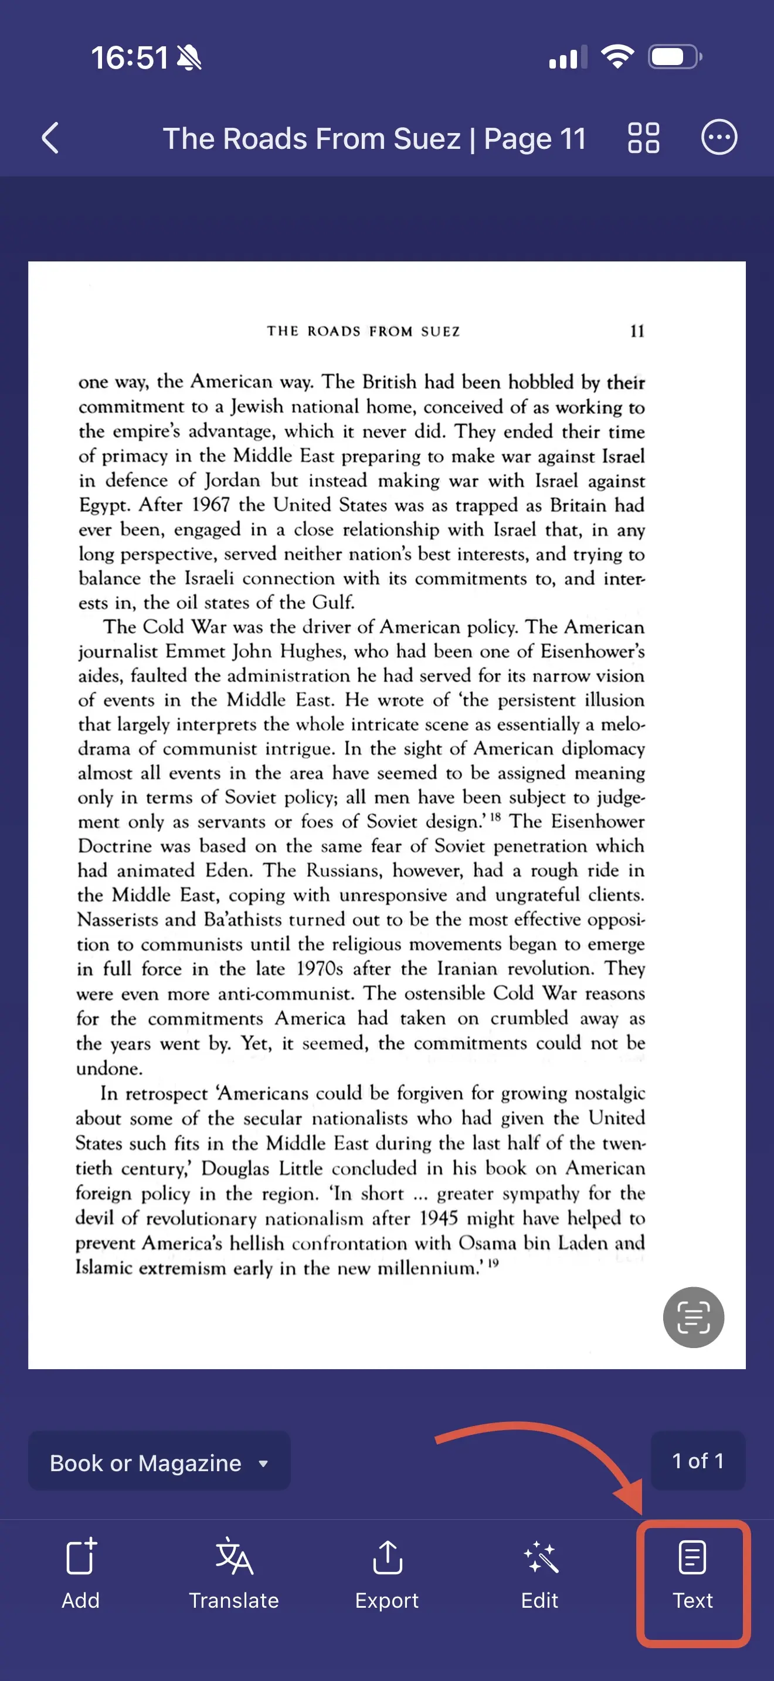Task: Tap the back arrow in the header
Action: (x=51, y=138)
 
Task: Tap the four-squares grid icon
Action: (x=643, y=138)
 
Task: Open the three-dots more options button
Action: (x=719, y=138)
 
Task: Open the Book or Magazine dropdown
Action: (x=158, y=1463)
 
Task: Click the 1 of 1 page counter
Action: (x=698, y=1461)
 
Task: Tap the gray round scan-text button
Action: (x=693, y=1317)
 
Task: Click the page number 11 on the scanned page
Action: (x=637, y=332)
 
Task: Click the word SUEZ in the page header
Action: (x=440, y=332)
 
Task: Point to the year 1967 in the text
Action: (x=211, y=505)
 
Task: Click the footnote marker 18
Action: (x=495, y=816)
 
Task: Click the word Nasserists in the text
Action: (x=116, y=920)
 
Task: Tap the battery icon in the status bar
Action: (x=674, y=57)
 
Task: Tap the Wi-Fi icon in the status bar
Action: (x=617, y=57)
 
